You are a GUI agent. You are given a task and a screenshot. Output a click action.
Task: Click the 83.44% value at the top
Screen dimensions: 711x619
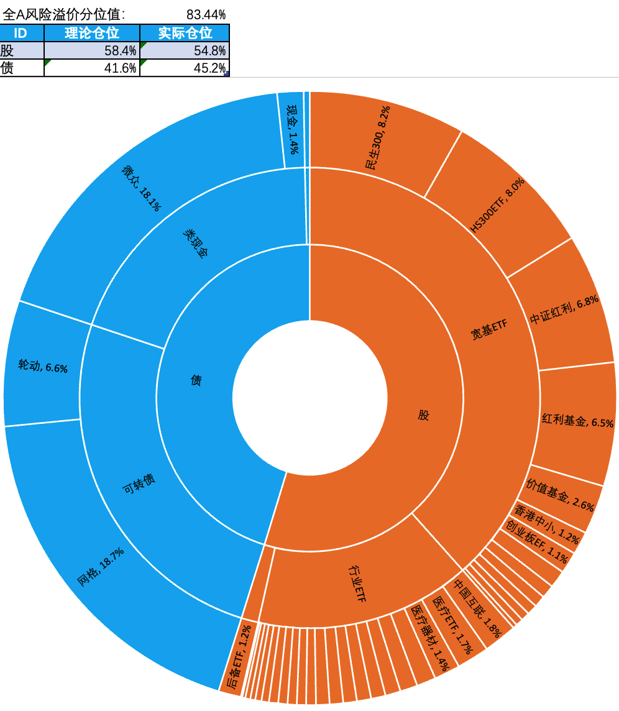click(x=206, y=14)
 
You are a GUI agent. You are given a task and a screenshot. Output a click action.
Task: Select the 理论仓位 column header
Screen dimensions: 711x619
click(x=92, y=34)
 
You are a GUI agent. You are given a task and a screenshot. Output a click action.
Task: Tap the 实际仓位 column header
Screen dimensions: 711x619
click(x=185, y=34)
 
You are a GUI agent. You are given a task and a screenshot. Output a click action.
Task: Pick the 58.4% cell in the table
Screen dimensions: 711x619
click(x=92, y=51)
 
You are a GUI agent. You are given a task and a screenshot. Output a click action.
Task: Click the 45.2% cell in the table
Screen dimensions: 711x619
click(x=185, y=68)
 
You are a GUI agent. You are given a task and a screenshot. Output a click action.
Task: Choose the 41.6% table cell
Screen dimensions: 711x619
click(x=92, y=68)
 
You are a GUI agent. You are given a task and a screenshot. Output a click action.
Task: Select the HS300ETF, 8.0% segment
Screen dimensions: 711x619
click(x=497, y=205)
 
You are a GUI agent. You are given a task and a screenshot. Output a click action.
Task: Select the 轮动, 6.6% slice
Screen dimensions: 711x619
click(x=42, y=367)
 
